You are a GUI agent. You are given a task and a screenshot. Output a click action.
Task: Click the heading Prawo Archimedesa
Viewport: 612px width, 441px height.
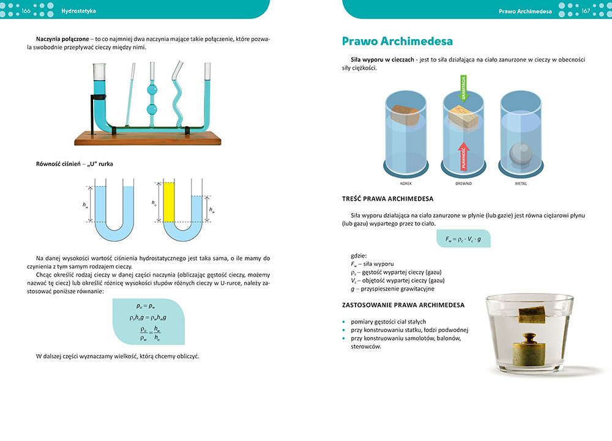(397, 42)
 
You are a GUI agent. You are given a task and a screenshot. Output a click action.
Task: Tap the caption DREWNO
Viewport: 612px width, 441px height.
(463, 183)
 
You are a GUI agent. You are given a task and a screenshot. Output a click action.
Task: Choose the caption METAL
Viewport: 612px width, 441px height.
(521, 183)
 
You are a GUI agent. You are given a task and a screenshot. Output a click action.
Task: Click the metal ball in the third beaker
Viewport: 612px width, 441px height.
(521, 151)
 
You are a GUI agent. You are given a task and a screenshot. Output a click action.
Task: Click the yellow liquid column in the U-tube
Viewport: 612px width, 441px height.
(169, 202)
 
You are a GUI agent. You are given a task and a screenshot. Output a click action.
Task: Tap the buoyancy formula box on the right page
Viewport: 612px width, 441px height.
(463, 238)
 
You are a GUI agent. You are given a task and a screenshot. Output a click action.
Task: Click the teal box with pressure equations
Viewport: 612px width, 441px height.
(149, 322)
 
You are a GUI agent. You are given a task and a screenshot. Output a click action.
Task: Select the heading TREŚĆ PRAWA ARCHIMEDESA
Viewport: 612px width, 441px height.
(387, 199)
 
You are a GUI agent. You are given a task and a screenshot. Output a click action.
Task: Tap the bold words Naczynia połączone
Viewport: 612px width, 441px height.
(62, 39)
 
